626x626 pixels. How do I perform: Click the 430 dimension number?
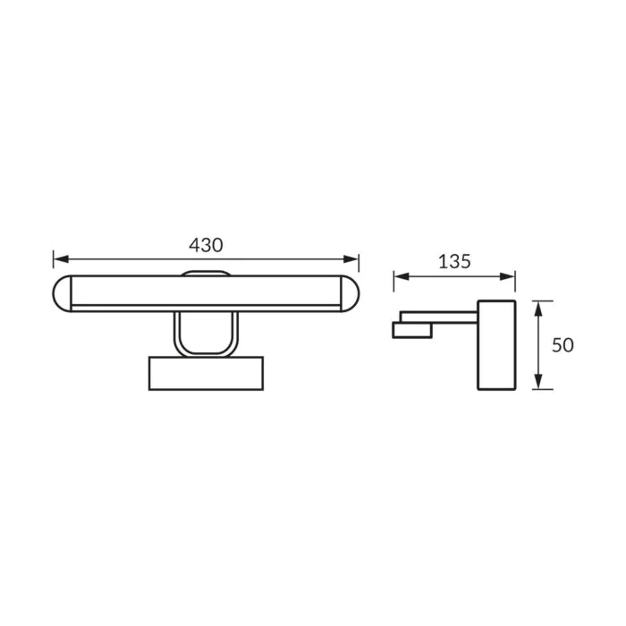[x=206, y=245]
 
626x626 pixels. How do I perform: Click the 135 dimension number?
[x=454, y=261]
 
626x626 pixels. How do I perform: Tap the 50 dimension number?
[x=563, y=345]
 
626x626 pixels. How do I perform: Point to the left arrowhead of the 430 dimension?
[x=61, y=259]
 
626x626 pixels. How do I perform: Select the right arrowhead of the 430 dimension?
[x=351, y=259]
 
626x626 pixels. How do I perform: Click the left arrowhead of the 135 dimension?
[x=402, y=276]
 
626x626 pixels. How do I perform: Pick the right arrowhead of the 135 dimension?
[x=507, y=276]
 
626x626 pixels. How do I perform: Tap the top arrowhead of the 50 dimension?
[x=538, y=309]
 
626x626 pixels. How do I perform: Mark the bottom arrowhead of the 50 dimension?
[x=538, y=382]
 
